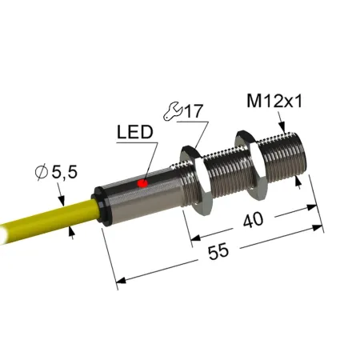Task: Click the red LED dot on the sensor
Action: coord(142,183)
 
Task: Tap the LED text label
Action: coord(135,132)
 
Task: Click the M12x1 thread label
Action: coord(274,101)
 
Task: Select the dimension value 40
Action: coord(253,220)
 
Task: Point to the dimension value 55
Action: coord(218,251)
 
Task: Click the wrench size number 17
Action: coord(194,111)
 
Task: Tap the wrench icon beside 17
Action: coord(172,110)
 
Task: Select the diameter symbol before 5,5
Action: coord(42,172)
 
